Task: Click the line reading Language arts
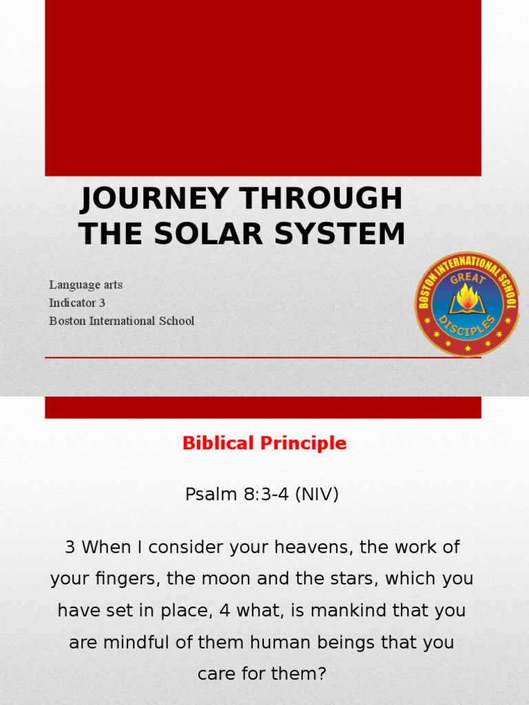(86, 285)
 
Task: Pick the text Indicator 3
(77, 303)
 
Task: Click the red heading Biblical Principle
(264, 443)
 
